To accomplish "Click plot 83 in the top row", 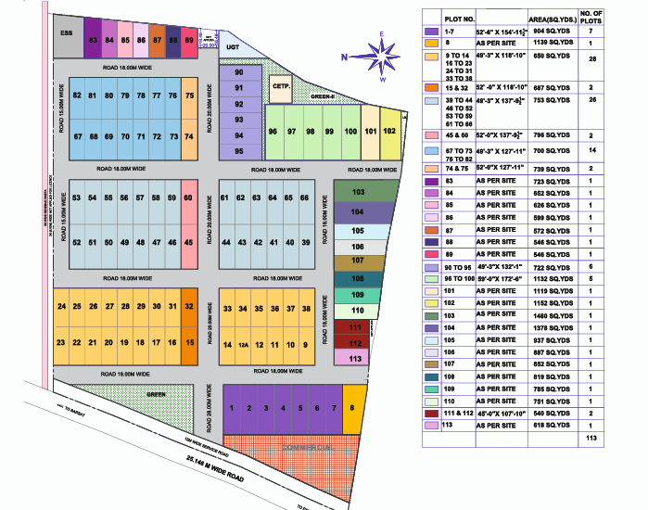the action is (x=92, y=41).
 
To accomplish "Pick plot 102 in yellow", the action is (x=390, y=131).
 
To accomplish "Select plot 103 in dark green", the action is (x=359, y=192).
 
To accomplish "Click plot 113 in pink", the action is (x=354, y=357).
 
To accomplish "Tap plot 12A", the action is (x=244, y=345).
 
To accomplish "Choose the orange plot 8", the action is (x=351, y=407).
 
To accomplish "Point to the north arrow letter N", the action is (x=343, y=57).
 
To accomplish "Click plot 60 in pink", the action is (x=188, y=198).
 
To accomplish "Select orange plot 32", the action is (x=188, y=306).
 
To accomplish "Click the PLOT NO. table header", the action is (x=459, y=18).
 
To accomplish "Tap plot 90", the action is (x=239, y=72).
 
